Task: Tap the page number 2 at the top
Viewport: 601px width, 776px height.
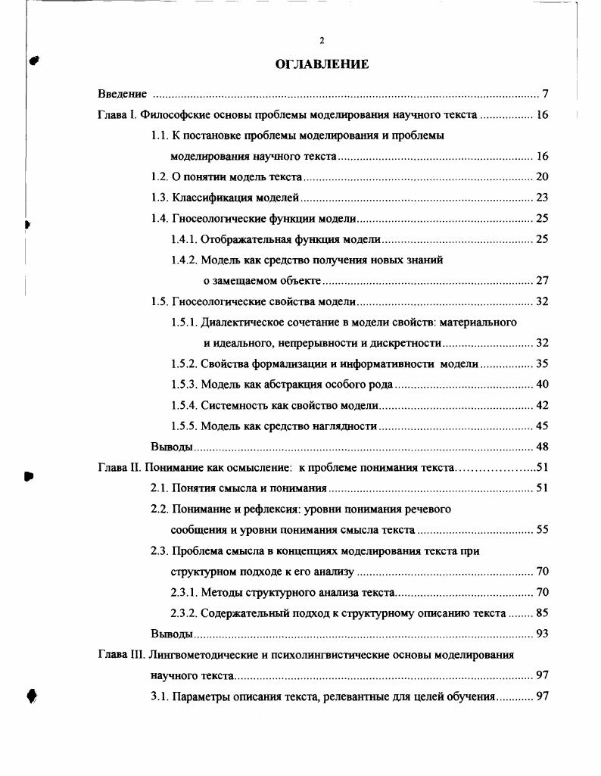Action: (322, 40)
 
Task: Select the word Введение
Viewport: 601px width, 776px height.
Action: (122, 95)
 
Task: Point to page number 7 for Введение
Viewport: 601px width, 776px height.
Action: (545, 95)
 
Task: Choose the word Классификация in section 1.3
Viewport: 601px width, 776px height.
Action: (207, 198)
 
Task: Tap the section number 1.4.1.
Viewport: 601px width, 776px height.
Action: (184, 239)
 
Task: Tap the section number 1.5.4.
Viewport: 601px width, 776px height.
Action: (184, 405)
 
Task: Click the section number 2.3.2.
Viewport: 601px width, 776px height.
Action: (184, 612)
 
